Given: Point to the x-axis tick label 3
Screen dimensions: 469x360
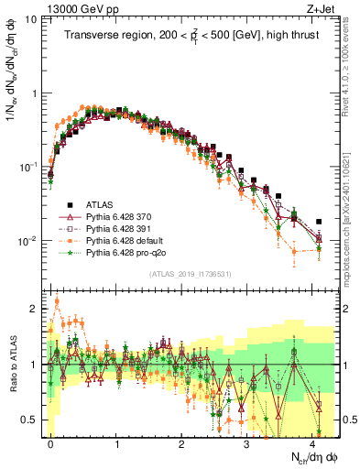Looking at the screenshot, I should pyautogui.click(x=245, y=442).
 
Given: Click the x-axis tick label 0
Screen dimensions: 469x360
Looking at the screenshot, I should pyautogui.click(x=50, y=442).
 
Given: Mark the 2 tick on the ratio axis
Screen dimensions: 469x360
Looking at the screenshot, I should pyautogui.click(x=34, y=309).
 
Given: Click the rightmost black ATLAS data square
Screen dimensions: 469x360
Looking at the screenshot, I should pyautogui.click(x=319, y=222).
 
